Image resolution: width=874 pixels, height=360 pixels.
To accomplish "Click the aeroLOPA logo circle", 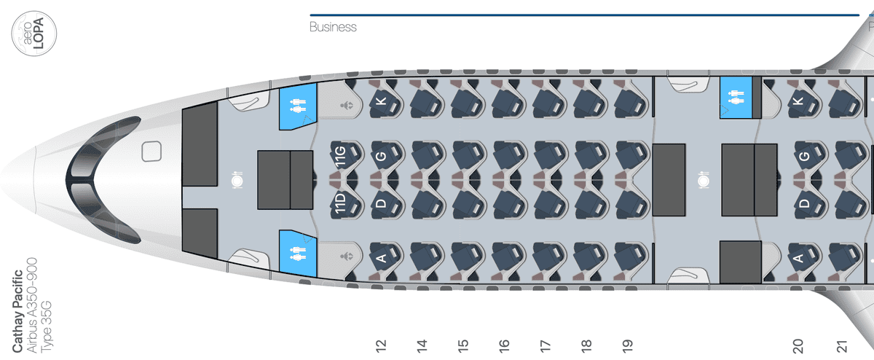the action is pyautogui.click(x=34, y=34).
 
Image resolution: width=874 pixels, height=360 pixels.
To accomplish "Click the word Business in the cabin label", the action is pyautogui.click(x=333, y=27).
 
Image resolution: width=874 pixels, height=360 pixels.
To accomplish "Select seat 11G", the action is pyautogui.click(x=347, y=155).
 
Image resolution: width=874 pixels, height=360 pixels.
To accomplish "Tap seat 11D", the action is pyautogui.click(x=347, y=204).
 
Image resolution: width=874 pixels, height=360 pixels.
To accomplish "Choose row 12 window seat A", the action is pyautogui.click(x=386, y=257).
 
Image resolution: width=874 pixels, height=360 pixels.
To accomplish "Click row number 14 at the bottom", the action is pyautogui.click(x=422, y=346).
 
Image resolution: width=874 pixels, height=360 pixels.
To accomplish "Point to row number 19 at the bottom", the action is pyautogui.click(x=627, y=346).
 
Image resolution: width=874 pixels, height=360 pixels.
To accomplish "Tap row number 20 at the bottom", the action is pyautogui.click(x=798, y=346).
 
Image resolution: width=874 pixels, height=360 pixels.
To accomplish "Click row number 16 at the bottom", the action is pyautogui.click(x=504, y=346).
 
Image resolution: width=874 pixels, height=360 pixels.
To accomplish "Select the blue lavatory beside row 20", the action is pyautogui.click(x=736, y=98).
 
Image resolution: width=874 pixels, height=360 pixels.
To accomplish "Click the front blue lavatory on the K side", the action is pyautogui.click(x=298, y=106).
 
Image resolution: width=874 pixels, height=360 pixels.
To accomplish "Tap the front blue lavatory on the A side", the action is pyautogui.click(x=298, y=254).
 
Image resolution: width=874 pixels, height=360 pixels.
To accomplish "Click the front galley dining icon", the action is pyautogui.click(x=237, y=180).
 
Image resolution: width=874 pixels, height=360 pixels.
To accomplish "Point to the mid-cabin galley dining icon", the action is pyautogui.click(x=703, y=180).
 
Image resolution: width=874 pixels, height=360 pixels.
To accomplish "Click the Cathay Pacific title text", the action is pyautogui.click(x=17, y=311).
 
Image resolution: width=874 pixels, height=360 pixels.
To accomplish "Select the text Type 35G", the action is pyautogui.click(x=47, y=326).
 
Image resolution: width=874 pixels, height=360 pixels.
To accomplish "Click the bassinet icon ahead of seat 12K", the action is pyautogui.click(x=347, y=106).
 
